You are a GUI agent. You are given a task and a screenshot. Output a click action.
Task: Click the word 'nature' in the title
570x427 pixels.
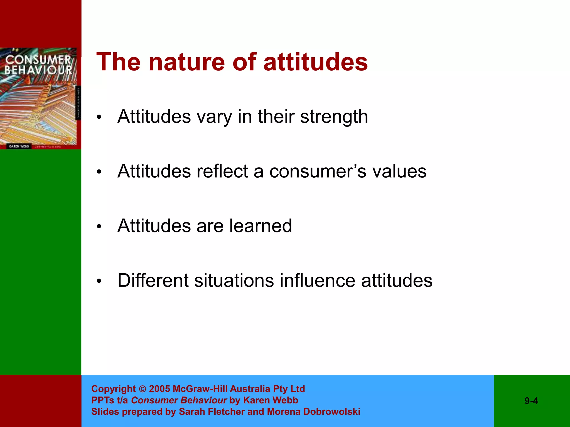pos(186,63)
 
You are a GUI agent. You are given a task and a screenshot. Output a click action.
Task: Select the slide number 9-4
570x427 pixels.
pos(531,401)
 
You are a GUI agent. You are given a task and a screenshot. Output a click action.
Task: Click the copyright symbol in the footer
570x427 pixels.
pos(142,389)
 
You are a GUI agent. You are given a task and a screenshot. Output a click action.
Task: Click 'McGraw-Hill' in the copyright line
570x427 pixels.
pos(200,389)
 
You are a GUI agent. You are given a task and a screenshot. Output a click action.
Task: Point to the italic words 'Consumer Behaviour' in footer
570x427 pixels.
pos(179,400)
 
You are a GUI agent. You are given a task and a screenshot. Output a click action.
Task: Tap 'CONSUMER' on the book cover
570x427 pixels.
pos(38,60)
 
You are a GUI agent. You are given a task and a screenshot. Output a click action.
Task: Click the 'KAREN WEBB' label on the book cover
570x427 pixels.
pos(19,146)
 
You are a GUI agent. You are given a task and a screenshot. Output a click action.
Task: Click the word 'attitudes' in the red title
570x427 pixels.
pos(315,63)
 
